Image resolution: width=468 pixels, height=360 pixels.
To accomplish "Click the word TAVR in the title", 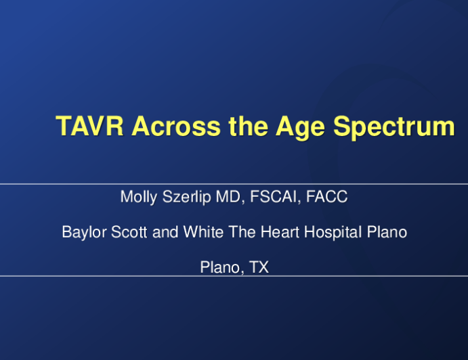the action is click(x=89, y=126).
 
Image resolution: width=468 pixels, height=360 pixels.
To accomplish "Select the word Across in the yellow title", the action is click(x=176, y=126).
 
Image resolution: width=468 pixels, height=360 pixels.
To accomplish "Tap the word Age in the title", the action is click(x=300, y=128).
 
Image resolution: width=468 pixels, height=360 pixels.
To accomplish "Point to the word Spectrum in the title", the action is click(x=394, y=128).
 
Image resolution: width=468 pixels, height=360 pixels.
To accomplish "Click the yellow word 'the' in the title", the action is click(x=248, y=126).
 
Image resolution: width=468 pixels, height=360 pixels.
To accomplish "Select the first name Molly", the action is click(x=139, y=197).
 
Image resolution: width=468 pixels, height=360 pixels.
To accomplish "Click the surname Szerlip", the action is click(x=186, y=197).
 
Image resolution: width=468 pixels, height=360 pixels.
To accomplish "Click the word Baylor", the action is click(x=84, y=232).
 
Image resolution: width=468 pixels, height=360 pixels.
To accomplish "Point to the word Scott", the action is click(x=129, y=232).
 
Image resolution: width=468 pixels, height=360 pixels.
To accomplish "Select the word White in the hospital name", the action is click(x=203, y=231).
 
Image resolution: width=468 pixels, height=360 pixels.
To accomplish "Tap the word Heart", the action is click(x=280, y=231).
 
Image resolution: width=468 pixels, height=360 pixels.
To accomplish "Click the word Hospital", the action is click(x=333, y=232).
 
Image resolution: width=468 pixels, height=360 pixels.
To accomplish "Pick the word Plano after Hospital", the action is click(x=387, y=231).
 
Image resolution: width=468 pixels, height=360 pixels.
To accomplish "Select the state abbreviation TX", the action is click(x=259, y=267).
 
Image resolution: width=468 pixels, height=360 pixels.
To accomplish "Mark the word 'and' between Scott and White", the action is click(x=165, y=231).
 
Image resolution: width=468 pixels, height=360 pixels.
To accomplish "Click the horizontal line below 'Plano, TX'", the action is click(x=234, y=276).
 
